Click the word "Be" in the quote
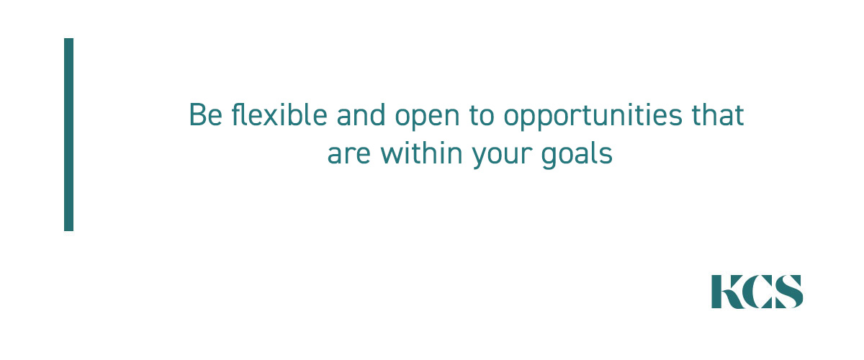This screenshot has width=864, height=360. coord(206,115)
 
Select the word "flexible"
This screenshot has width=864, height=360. coord(279,114)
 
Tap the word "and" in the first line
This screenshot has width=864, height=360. coord(361,114)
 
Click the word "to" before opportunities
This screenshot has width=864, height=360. coord(482,115)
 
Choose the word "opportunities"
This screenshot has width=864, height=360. coord(593,117)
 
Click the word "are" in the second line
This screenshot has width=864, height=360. coord(349,154)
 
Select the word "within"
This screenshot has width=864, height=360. coord(421,153)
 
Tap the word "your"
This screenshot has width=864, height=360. coord(501,157)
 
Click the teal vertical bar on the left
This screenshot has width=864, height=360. coord(68,135)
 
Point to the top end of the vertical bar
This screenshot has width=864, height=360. coord(68,39)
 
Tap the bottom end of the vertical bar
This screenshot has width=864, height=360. coord(68,230)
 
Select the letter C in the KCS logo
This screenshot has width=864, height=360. coord(757,292)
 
